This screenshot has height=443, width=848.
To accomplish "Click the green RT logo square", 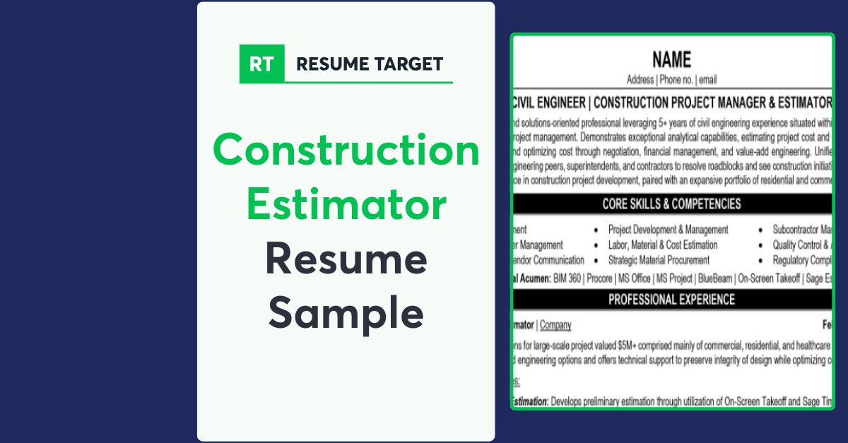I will [262, 64].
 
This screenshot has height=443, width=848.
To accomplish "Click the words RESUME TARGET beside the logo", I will [370, 64].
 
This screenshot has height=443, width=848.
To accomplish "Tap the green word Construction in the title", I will [346, 150].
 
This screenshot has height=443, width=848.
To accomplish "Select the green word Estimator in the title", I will [346, 205].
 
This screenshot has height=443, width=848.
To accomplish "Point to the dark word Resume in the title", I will [346, 259].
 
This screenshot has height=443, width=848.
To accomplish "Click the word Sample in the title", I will [346, 313].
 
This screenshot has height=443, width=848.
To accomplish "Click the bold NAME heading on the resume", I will [671, 60].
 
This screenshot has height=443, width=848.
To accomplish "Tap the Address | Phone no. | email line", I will [671, 80].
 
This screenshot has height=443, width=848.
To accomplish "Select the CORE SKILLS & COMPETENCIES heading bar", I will [671, 204].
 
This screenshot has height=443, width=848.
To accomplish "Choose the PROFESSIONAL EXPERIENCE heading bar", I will [671, 300].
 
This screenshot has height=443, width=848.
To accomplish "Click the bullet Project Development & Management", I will [668, 230].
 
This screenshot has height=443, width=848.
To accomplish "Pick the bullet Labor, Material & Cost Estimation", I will [662, 245].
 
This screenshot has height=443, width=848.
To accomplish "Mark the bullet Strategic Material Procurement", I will [659, 260].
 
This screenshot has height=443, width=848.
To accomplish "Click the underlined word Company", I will [555, 325].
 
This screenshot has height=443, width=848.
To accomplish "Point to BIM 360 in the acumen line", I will [566, 278].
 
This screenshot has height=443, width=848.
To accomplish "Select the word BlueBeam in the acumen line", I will [714, 278].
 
